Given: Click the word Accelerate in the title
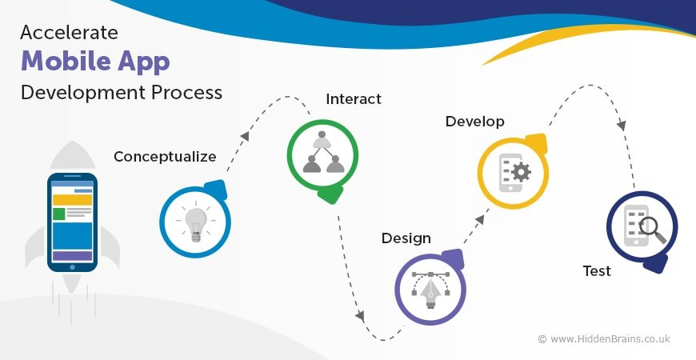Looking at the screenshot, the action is click(69, 33).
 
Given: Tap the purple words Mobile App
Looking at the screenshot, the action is click(95, 62).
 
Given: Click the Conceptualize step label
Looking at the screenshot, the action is click(165, 157).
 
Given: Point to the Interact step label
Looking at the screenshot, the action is click(354, 99).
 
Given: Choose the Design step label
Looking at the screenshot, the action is click(406, 238).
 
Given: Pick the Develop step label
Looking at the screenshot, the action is click(474, 122).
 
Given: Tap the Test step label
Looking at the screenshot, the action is click(597, 270).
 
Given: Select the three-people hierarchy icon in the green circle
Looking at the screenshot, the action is click(323, 152).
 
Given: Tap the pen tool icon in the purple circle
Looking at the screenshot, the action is click(430, 290).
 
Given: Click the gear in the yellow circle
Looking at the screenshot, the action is click(521, 172).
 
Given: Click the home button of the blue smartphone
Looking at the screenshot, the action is click(72, 267).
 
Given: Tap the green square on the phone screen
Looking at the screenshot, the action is click(58, 214).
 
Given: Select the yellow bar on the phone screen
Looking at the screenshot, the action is click(72, 200).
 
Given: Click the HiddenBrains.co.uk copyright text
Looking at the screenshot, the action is click(604, 339).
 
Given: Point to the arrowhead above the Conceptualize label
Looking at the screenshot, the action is click(245, 136).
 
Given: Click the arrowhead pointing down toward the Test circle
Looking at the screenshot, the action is click(622, 126).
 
